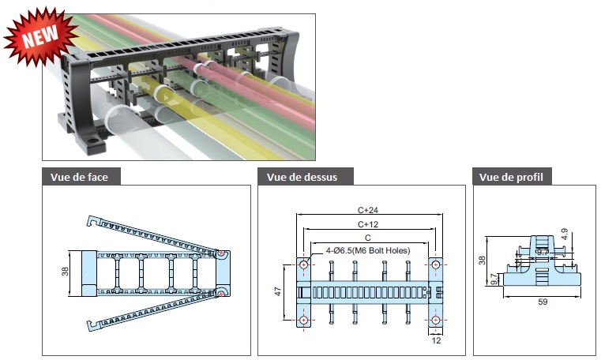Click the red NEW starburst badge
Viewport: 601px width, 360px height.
(x=39, y=35)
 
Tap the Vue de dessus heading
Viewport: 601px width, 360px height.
(x=302, y=177)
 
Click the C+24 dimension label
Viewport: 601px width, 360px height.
(x=369, y=211)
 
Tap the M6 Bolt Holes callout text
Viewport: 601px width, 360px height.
(x=368, y=250)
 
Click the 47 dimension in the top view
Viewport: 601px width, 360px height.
(x=277, y=291)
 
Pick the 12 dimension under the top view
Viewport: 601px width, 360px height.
(x=437, y=341)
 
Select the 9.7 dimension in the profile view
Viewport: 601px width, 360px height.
(x=494, y=278)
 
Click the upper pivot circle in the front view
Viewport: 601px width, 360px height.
(x=223, y=255)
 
